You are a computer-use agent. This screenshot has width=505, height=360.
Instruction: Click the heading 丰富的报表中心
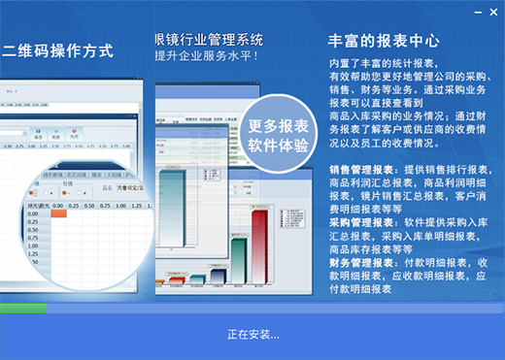(x=384, y=43)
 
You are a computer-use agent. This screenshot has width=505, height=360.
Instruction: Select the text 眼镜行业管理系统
(x=209, y=40)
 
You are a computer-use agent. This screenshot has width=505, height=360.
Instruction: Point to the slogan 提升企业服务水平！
(x=213, y=56)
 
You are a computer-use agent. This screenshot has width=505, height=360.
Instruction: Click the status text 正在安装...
(x=252, y=335)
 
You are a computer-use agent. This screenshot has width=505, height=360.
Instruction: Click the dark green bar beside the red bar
(x=239, y=262)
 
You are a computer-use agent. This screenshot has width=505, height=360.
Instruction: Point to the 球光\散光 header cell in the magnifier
(x=36, y=205)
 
